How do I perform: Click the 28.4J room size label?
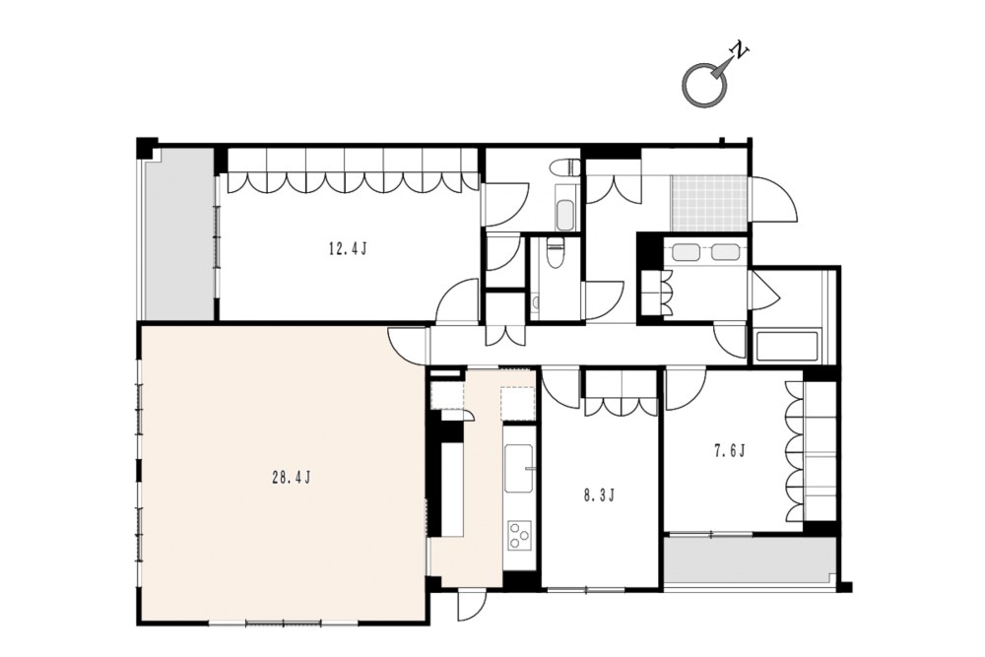[292, 478]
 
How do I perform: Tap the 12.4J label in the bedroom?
[348, 249]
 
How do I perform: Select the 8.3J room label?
[599, 496]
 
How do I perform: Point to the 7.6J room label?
[729, 451]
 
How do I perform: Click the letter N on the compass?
[740, 51]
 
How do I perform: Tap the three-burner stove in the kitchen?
[519, 535]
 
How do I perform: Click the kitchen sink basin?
[519, 469]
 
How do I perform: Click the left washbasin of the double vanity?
[685, 252]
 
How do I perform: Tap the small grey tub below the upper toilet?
[564, 216]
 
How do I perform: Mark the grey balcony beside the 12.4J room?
[179, 233]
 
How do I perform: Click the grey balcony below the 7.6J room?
[750, 560]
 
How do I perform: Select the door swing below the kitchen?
[472, 606]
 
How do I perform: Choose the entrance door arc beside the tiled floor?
[774, 200]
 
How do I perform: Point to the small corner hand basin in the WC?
[535, 304]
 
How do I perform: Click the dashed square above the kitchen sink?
[518, 404]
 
